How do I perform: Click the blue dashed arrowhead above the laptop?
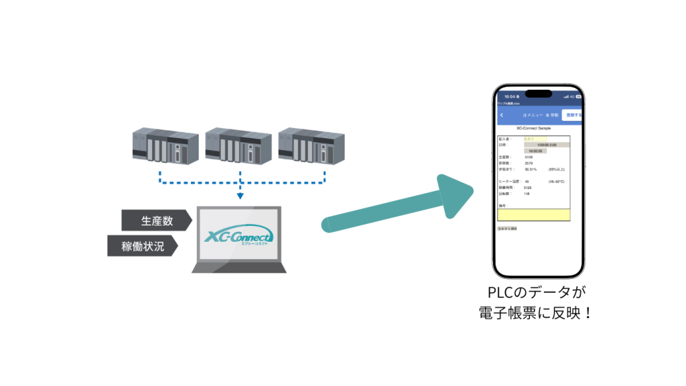pyautogui.click(x=239, y=197)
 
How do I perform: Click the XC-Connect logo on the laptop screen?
pyautogui.click(x=238, y=237)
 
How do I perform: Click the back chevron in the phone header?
pyautogui.click(x=500, y=115)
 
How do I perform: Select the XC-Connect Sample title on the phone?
pyautogui.click(x=535, y=127)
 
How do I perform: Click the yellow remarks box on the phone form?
pyautogui.click(x=534, y=214)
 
